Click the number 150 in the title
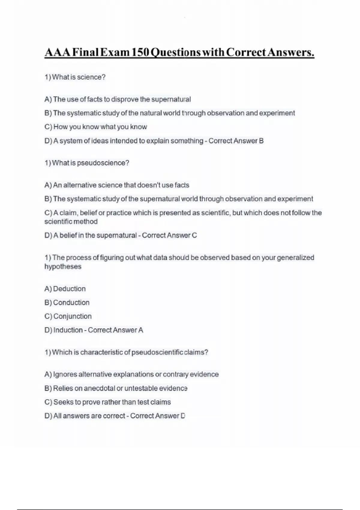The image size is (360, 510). tap(140, 52)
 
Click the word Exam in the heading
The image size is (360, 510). tap(115, 52)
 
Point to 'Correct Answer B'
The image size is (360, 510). tap(236, 141)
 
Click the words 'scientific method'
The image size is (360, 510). tap(71, 222)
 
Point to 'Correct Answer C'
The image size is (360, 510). tap(169, 235)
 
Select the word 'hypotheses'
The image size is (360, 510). tap(63, 267)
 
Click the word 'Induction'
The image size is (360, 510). tap(68, 330)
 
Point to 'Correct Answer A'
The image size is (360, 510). tap(115, 330)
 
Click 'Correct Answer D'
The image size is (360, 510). tap(157, 416)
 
